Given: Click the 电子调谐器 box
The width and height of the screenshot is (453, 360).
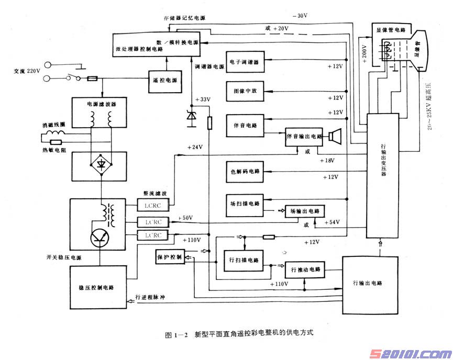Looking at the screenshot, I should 246,62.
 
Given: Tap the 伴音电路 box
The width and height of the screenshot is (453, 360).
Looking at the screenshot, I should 246,126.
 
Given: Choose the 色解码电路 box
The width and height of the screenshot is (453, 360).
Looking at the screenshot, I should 246,171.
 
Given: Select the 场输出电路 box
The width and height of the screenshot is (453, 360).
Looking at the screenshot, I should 304,211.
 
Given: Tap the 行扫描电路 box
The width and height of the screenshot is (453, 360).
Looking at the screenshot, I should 244,260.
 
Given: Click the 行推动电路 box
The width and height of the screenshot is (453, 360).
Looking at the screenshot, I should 304,269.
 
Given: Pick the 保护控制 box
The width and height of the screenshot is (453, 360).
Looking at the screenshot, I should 169,257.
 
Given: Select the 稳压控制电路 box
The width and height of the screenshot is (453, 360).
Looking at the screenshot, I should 100,288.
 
